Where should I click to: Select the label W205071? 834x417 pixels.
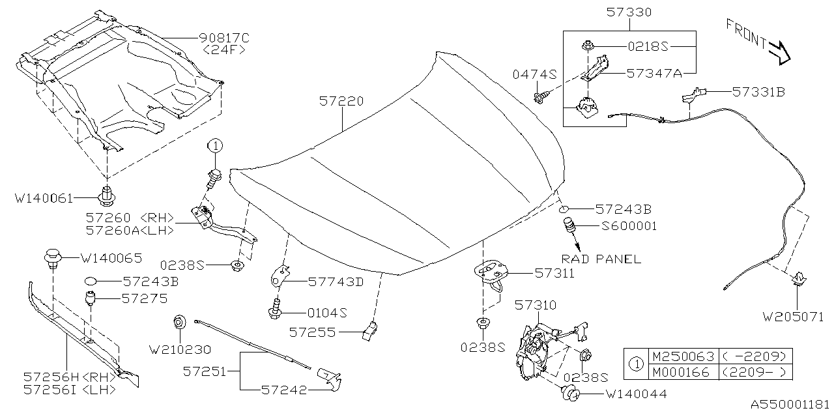(794, 317)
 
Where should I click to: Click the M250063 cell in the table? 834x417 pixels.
(682, 356)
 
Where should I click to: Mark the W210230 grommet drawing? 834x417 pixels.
(179, 323)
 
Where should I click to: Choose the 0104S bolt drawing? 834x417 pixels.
(276, 309)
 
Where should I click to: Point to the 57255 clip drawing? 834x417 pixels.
(369, 331)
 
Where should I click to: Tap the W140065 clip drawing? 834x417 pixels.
(53, 259)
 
